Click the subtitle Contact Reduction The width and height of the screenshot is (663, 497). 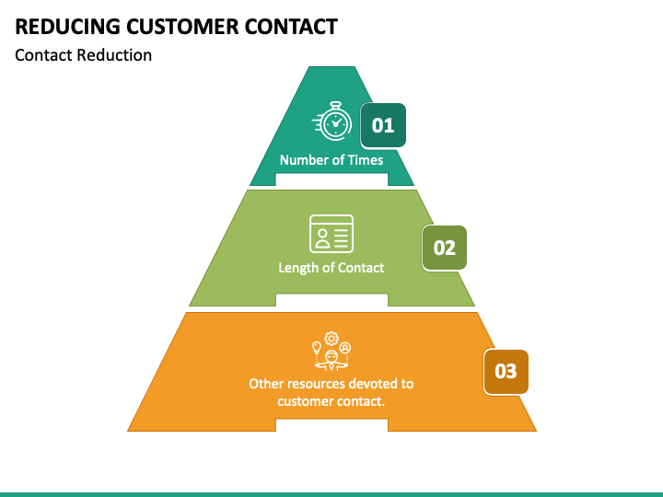(83, 54)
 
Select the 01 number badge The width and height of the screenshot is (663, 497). (382, 125)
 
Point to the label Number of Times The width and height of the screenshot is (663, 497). (331, 159)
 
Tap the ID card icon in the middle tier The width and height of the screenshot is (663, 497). (331, 233)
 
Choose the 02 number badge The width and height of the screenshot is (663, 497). (444, 248)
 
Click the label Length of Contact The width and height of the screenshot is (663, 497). (331, 268)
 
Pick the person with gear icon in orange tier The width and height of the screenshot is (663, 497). (331, 351)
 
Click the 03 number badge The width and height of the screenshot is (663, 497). (506, 372)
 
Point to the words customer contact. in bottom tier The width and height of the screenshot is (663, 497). (331, 401)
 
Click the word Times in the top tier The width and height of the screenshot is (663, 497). (366, 159)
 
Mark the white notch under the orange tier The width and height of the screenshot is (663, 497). (331, 425)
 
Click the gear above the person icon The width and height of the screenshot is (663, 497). (331, 338)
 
